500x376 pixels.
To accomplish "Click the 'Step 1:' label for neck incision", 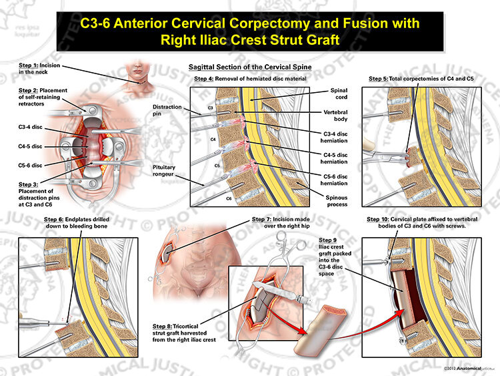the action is point(29,65).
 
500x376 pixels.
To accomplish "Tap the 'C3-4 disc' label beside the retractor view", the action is point(30,127).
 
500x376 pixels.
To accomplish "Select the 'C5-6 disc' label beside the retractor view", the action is point(30,165).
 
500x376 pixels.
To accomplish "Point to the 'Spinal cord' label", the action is point(339,93).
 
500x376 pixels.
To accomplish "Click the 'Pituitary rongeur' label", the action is point(164,170).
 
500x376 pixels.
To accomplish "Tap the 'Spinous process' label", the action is point(337,201).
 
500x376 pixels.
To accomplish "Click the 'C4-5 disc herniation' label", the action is point(334,158).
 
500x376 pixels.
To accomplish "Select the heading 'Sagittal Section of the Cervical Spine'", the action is point(250,67).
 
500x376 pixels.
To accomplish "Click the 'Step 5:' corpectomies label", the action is point(378,79).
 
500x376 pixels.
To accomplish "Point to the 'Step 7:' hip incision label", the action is point(261,219).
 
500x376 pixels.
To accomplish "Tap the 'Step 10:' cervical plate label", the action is point(378,219).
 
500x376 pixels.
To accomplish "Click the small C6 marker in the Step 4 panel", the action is point(229,198).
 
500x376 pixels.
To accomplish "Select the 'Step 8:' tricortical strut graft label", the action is point(162,326).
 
